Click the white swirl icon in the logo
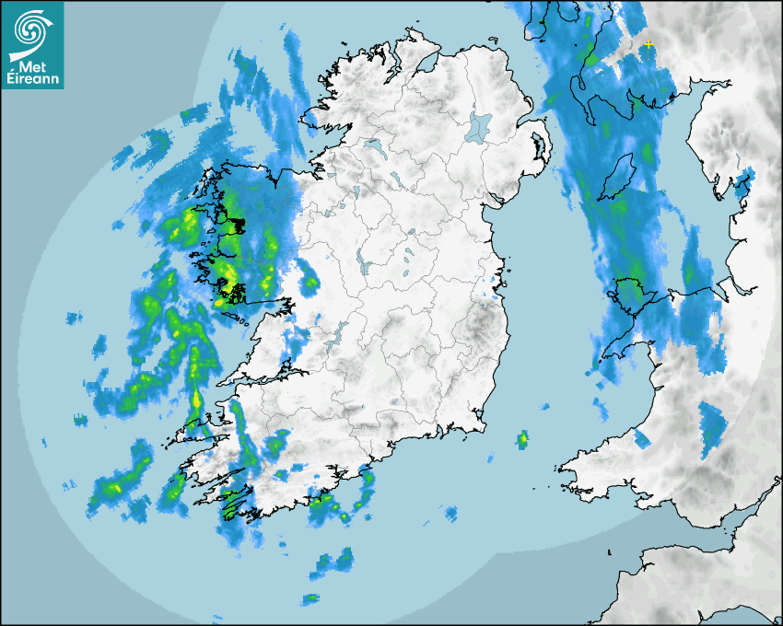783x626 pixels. coord(31,30)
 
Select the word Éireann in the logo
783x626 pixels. coord(33,79)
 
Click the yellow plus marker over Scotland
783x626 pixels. coord(649,44)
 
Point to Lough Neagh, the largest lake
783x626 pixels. coord(479,126)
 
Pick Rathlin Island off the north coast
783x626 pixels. coord(494,40)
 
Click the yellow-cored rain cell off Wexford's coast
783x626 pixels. coord(522,439)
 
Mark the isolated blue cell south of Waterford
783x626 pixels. coord(450,512)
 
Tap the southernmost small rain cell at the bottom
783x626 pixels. coord(310,600)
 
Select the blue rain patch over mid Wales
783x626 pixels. coord(711,428)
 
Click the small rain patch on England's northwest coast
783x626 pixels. coord(745,183)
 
